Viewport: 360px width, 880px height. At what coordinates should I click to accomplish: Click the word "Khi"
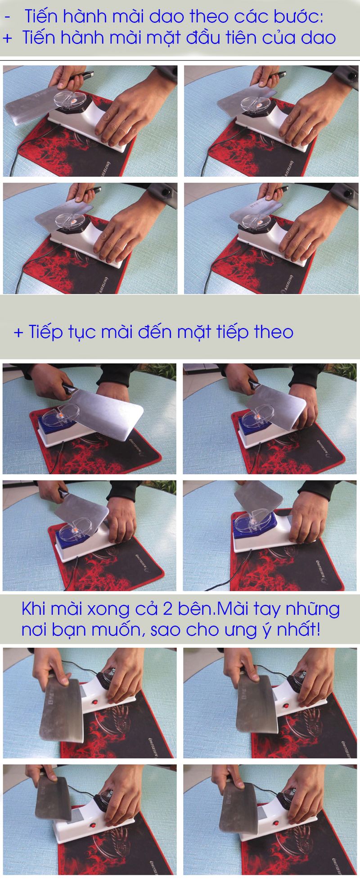tap(33, 609)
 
